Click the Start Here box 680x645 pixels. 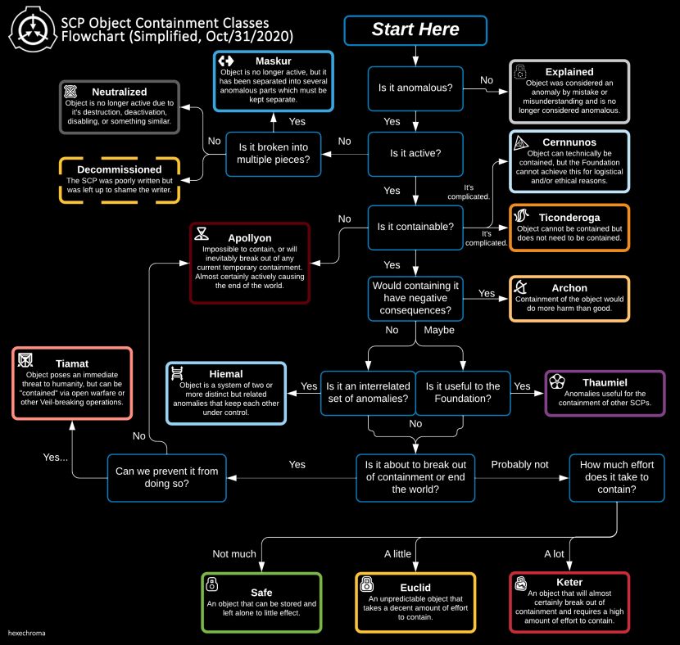click(415, 30)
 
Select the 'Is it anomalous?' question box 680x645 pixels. click(415, 87)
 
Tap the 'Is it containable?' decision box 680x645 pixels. click(415, 226)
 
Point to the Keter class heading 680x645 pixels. click(569, 582)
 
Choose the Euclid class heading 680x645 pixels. click(415, 587)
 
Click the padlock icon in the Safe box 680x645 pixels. click(212, 584)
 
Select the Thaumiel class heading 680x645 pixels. click(605, 382)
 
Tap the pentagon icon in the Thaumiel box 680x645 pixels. click(556, 382)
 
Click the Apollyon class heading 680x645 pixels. click(249, 238)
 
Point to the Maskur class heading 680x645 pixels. click(273, 61)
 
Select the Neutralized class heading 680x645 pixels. click(120, 92)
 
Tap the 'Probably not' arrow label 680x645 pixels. click(519, 464)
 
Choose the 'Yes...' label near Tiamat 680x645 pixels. click(56, 457)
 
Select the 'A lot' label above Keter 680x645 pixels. click(554, 554)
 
